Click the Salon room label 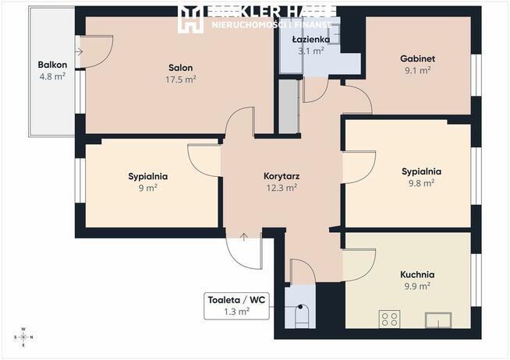180,68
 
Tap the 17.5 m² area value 180,79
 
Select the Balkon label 52,65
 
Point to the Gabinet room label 417,58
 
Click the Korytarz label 282,176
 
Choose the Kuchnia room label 418,275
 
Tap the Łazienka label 310,39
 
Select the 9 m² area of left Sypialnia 148,188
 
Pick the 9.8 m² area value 422,183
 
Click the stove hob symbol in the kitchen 389,319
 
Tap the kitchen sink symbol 438,319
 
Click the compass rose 23,337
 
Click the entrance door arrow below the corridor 245,236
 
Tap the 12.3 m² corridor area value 282,188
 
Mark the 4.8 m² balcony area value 52,76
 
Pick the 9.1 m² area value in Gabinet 417,70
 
